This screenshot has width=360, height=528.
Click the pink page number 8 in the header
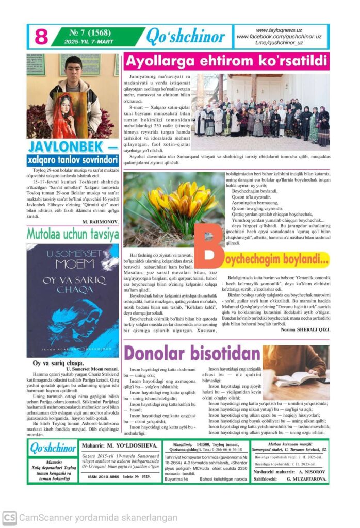coord(41,37)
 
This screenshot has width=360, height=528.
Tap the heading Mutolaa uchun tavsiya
coord(73,234)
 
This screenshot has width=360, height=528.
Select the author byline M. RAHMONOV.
coord(101,221)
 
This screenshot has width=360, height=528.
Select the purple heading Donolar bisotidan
coord(192,353)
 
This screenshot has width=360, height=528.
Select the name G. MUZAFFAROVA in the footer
coord(307,478)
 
